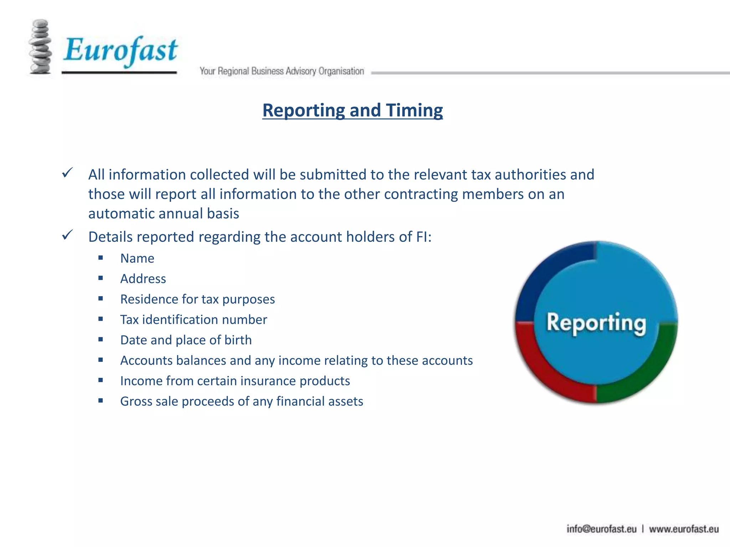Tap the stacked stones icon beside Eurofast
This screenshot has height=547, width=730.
coord(40,47)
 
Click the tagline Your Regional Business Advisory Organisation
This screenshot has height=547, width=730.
coord(282,71)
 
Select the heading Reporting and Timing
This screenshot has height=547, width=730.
coord(353,110)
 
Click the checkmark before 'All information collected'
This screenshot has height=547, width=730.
coord(67,173)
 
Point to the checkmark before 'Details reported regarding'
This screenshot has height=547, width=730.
coord(67,235)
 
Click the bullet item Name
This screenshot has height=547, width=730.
coord(137,258)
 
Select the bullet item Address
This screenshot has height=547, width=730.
coord(143,278)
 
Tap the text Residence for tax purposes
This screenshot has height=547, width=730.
coord(197,299)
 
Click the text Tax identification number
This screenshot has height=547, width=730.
coord(194,319)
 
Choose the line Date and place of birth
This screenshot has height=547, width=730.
coord(186,340)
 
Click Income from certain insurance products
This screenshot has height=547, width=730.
coord(235,381)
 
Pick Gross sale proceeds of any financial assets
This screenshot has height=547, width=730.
coord(241,401)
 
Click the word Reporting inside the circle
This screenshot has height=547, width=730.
coord(596,323)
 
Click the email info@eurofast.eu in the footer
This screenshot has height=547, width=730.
coord(601,529)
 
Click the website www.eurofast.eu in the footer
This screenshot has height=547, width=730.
coord(683,529)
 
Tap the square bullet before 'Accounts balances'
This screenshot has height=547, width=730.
coord(101,360)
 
